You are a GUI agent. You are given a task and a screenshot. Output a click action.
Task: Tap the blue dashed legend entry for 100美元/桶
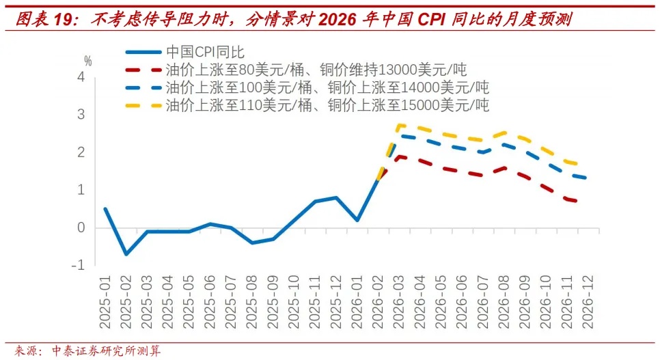(327, 87)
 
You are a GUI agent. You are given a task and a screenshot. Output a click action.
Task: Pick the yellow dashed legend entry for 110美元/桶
(327, 105)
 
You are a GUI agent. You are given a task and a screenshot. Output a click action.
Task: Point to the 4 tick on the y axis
(81, 77)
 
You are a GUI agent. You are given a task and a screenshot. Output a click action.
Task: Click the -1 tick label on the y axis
(78, 265)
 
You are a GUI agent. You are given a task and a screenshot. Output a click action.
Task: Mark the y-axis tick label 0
(81, 227)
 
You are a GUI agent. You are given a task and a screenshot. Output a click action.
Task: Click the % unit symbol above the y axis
(87, 61)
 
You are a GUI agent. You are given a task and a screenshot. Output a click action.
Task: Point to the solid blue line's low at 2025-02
(126, 253)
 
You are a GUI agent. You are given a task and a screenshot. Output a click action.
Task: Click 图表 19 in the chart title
(45, 20)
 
